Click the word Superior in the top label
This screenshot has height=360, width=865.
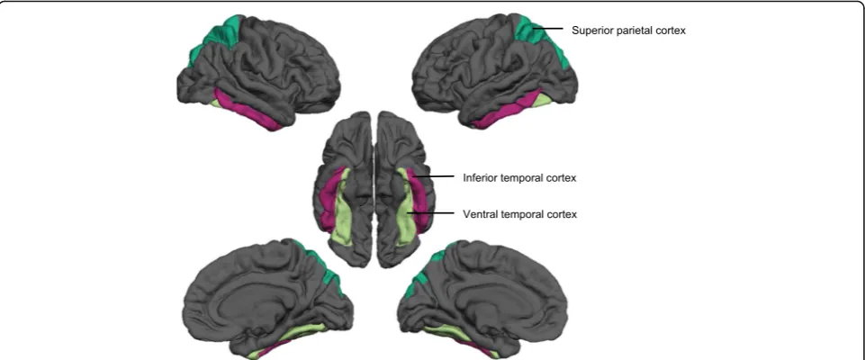(590, 31)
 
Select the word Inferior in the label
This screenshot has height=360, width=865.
(480, 178)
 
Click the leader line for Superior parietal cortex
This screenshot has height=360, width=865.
(547, 29)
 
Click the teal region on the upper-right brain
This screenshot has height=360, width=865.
(539, 39)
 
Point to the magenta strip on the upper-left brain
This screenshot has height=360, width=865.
(246, 109)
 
